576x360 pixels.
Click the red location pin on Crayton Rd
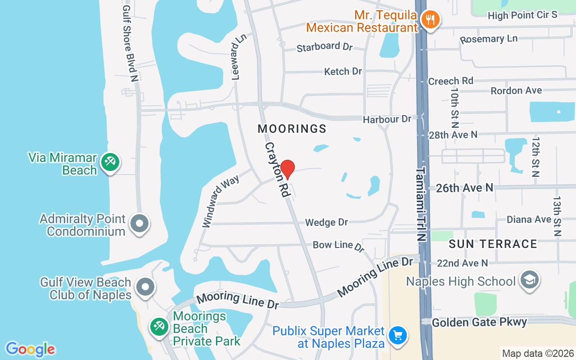287,169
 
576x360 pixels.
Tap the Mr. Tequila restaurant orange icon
431,19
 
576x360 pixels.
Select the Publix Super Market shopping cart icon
397,335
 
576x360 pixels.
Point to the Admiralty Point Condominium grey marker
139,223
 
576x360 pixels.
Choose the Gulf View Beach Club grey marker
145,287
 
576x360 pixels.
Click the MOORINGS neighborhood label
292,129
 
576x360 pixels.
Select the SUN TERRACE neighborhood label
493,244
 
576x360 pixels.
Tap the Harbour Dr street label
387,119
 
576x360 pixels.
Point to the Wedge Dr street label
327,222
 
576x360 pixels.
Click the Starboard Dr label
324,47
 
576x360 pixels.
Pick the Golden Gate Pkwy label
479,322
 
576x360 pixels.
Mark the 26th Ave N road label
464,188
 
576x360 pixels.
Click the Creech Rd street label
450,81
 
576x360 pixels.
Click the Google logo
30,349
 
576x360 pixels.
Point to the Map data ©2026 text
538,353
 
